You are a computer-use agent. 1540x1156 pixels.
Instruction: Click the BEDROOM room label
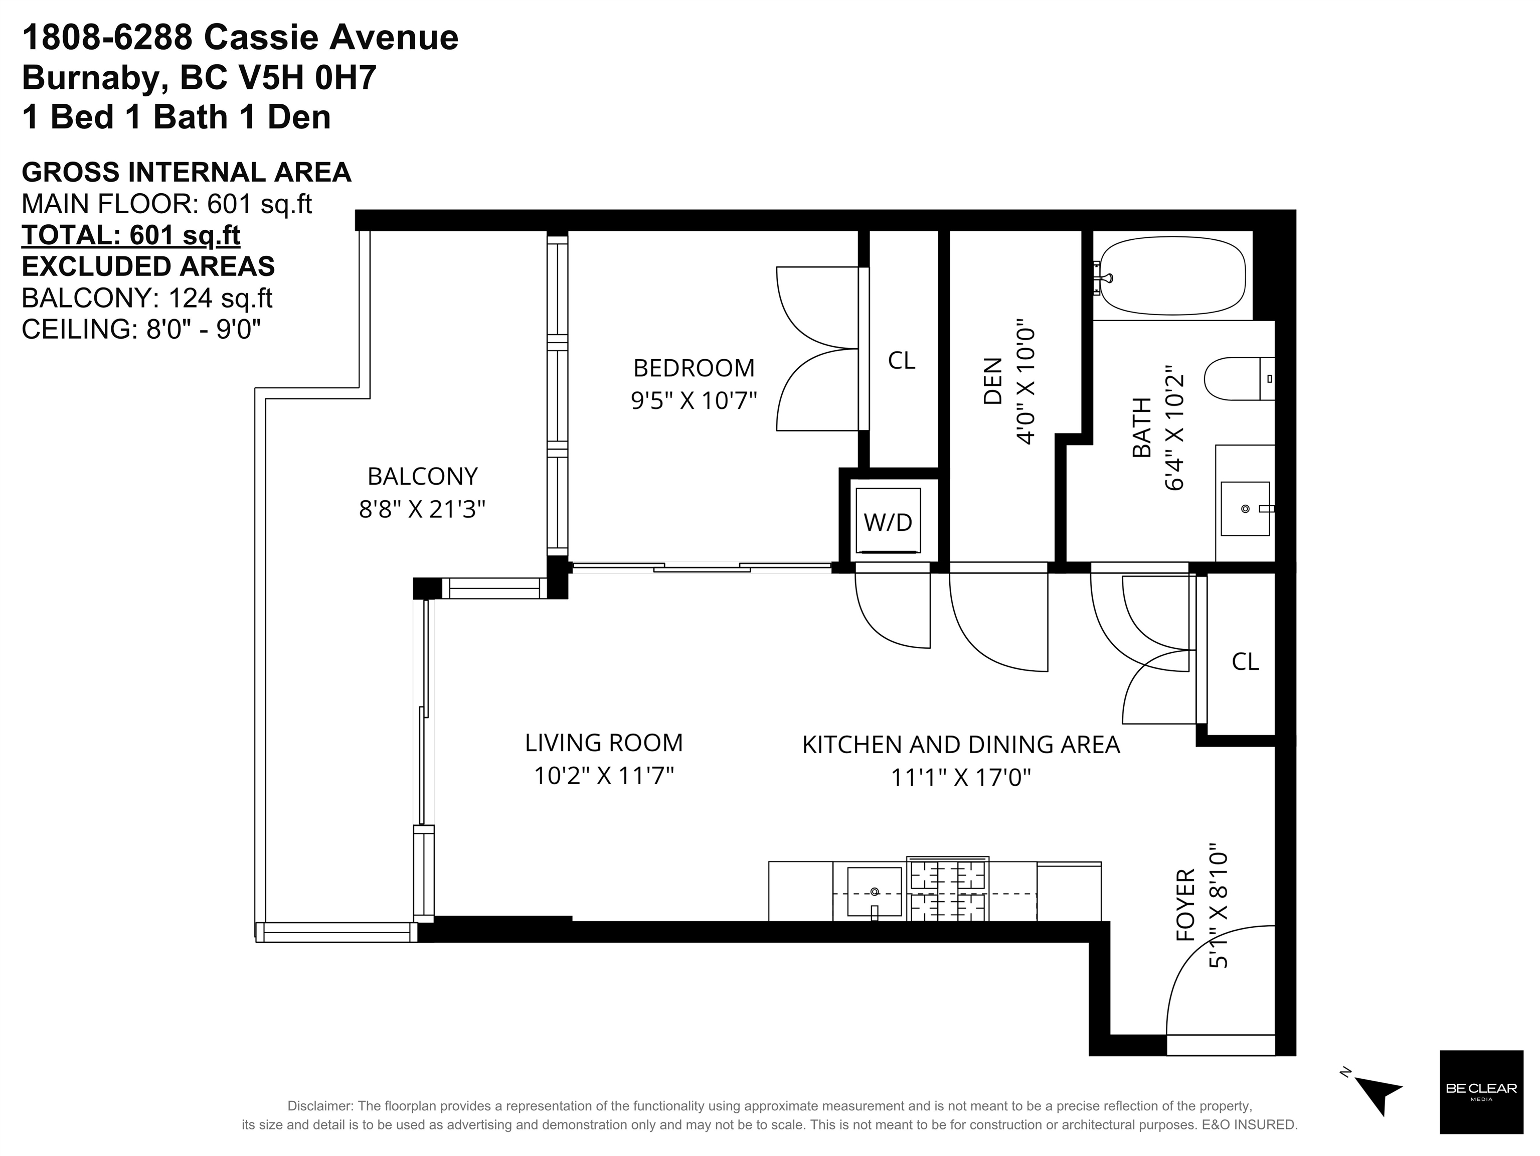pyautogui.click(x=694, y=368)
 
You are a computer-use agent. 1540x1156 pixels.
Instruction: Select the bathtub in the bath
pyautogui.click(x=1172, y=276)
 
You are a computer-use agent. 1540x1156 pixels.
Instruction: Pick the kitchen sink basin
pyautogui.click(x=875, y=892)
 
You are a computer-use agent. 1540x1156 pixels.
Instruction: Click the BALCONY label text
pyautogui.click(x=423, y=476)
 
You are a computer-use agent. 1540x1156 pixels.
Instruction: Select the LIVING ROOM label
pyautogui.click(x=604, y=743)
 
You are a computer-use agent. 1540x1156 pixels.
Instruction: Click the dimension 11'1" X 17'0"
pyautogui.click(x=961, y=777)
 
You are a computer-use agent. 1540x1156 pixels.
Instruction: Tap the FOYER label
pyautogui.click(x=1185, y=905)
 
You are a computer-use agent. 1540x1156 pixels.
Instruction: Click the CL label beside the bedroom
pyautogui.click(x=901, y=361)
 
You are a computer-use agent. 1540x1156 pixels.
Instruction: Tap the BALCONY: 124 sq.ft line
pyautogui.click(x=147, y=298)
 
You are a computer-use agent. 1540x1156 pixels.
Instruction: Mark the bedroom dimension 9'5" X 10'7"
pyautogui.click(x=694, y=401)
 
